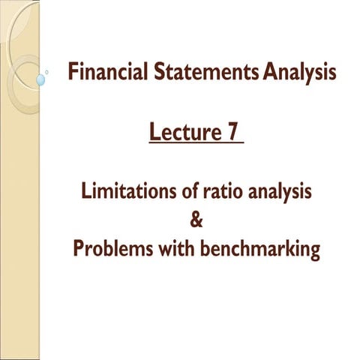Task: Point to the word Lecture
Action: coord(182,133)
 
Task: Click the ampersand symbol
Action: coord(197,220)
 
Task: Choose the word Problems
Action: coord(108,249)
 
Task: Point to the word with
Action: coord(174,248)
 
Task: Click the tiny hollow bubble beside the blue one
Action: coord(48,73)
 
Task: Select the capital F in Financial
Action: coord(71,73)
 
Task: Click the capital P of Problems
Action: coord(78,249)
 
